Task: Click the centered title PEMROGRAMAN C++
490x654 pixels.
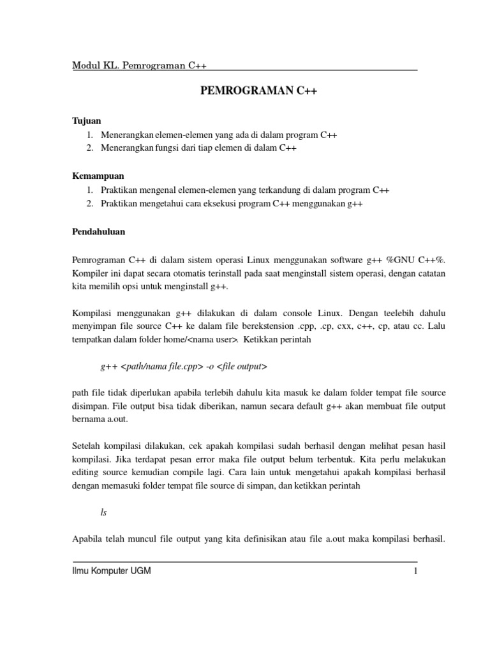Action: tap(258, 91)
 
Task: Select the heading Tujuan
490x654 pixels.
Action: tap(85, 120)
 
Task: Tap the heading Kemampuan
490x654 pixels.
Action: tap(98, 175)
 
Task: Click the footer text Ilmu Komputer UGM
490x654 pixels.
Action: tap(112, 572)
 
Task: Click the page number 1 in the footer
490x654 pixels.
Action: tap(415, 572)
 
